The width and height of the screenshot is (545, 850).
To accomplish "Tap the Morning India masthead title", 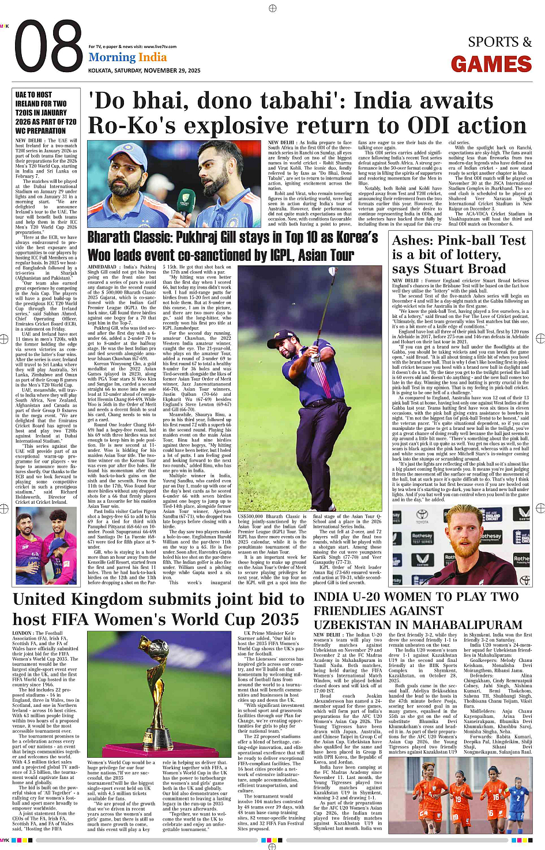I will [127, 57].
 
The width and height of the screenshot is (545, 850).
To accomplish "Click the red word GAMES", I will [491, 64].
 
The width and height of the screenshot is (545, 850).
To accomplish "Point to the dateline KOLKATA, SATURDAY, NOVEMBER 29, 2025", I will [144, 70].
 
